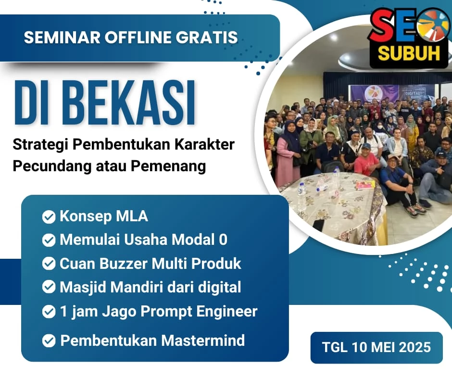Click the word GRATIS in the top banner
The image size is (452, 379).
coord(207,38)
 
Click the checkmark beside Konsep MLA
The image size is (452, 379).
coord(49,216)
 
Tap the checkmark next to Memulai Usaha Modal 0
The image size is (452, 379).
coord(49,240)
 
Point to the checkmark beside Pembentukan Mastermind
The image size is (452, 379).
coord(49,341)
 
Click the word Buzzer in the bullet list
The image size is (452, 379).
coord(124,264)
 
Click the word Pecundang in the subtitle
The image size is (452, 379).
coord(52,166)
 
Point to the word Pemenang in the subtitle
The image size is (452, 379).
coord(168,166)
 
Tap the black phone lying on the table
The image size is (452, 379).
coord(318,225)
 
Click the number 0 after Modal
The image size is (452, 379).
coord(223,240)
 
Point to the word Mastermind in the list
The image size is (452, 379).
coord(203,341)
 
